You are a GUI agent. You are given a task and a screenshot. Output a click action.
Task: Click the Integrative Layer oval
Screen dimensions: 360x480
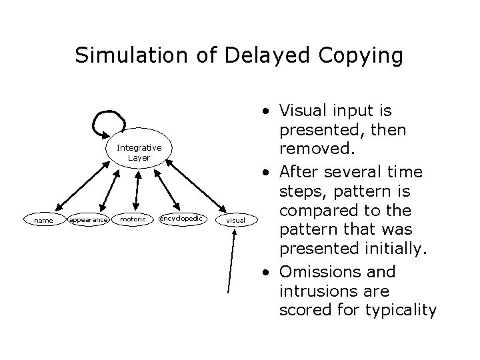click(x=139, y=152)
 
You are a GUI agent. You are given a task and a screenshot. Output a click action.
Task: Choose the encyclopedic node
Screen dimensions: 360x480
click(x=183, y=218)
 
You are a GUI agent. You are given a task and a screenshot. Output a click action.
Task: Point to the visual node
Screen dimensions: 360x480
click(x=236, y=219)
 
